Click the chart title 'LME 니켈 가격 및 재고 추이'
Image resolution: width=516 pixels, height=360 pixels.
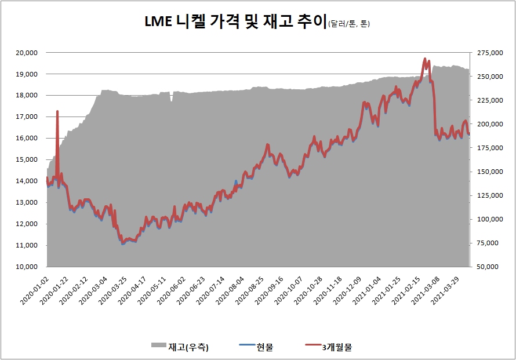pyautogui.click(x=235, y=21)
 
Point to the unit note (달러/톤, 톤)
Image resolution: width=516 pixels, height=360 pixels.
pyautogui.click(x=348, y=24)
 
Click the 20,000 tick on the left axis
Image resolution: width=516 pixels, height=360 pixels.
pyautogui.click(x=26, y=53)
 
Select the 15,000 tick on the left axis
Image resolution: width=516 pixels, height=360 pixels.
pyautogui.click(x=26, y=159)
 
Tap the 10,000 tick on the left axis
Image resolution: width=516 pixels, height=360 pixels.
pyautogui.click(x=26, y=267)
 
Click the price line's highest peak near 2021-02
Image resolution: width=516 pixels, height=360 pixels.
pyautogui.click(x=425, y=59)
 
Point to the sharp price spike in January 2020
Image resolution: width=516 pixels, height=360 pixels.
pyautogui.click(x=57, y=111)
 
